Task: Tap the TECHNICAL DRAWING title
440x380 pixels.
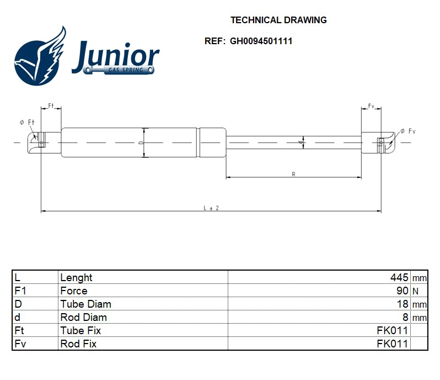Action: point(278,20)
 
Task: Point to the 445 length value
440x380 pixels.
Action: point(399,277)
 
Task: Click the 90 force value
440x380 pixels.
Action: point(403,291)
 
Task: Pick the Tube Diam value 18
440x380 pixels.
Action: point(403,304)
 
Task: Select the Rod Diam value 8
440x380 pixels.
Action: point(405,317)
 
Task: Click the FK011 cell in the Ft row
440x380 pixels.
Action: point(392,330)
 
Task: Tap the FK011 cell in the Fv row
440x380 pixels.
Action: point(392,344)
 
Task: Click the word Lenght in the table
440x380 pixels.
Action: point(76,277)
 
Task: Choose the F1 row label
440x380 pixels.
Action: point(20,291)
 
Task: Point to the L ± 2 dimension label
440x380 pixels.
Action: point(211,208)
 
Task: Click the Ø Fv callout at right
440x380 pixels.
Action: point(407,131)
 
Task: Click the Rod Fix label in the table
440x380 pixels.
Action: point(78,344)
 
